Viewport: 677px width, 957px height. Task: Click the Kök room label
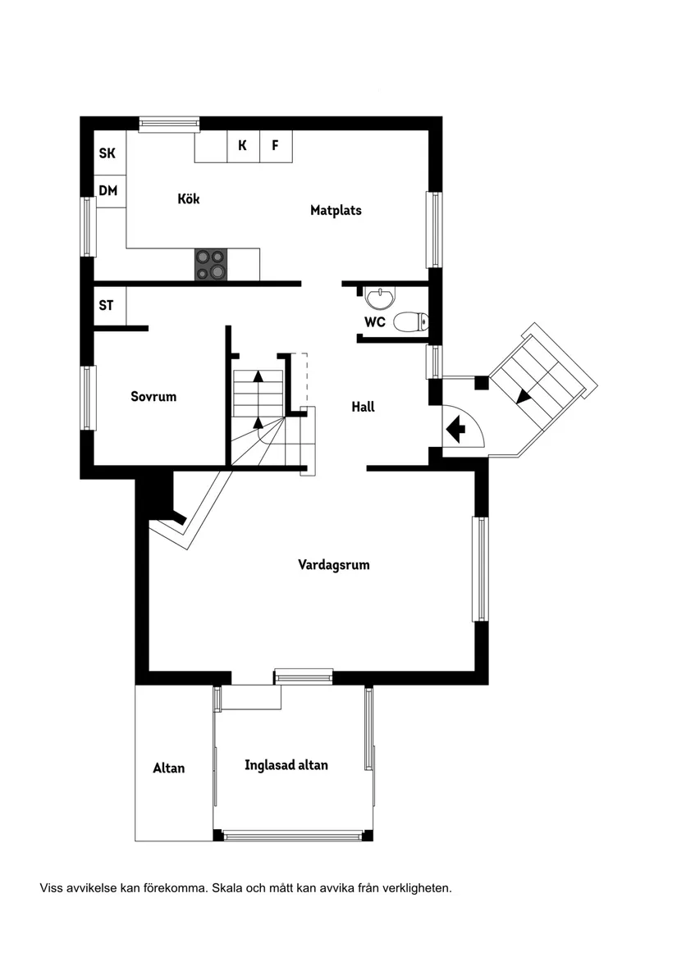189,199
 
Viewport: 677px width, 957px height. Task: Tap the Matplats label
336,211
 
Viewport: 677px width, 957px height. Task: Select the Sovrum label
153,397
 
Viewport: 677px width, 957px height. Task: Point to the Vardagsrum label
333,565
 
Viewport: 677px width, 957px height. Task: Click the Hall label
363,407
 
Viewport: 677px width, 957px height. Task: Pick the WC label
375,322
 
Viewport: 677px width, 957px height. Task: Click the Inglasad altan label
286,765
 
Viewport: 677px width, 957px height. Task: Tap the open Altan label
169,768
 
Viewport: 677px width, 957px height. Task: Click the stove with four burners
210,264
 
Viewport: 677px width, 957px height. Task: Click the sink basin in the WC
379,296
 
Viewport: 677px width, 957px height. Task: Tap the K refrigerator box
243,146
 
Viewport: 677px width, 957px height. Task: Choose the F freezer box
276,146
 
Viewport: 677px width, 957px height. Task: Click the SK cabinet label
107,153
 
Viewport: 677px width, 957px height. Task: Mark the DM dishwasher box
108,191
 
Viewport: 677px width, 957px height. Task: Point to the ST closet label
107,306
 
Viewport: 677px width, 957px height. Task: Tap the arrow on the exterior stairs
524,395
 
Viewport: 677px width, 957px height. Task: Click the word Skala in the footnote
229,888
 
